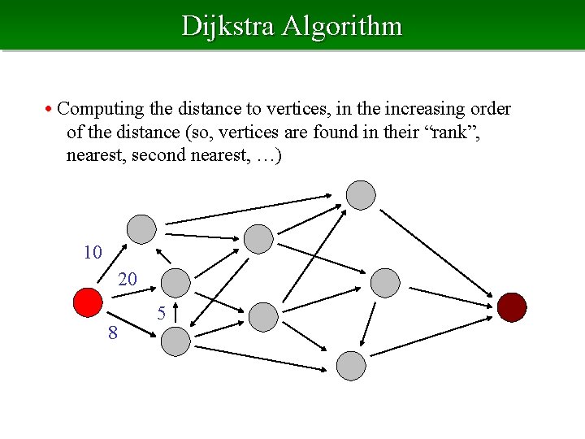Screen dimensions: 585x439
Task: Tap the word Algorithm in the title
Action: tap(342, 26)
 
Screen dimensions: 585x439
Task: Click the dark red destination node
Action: tap(512, 306)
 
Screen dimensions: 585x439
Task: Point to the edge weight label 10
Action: tap(93, 252)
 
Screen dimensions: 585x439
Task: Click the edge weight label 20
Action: tap(128, 280)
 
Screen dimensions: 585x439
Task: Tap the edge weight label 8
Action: tap(113, 333)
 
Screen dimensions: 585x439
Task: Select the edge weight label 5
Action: tap(162, 312)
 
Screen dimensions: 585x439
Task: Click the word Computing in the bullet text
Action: tap(100, 108)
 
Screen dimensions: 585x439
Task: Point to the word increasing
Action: tap(417, 108)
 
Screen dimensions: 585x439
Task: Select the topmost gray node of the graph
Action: tap(361, 194)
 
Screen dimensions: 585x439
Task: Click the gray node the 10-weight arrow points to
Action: tap(142, 229)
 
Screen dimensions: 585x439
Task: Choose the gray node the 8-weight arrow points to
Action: tap(175, 341)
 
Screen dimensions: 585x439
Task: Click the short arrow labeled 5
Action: tap(175, 313)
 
